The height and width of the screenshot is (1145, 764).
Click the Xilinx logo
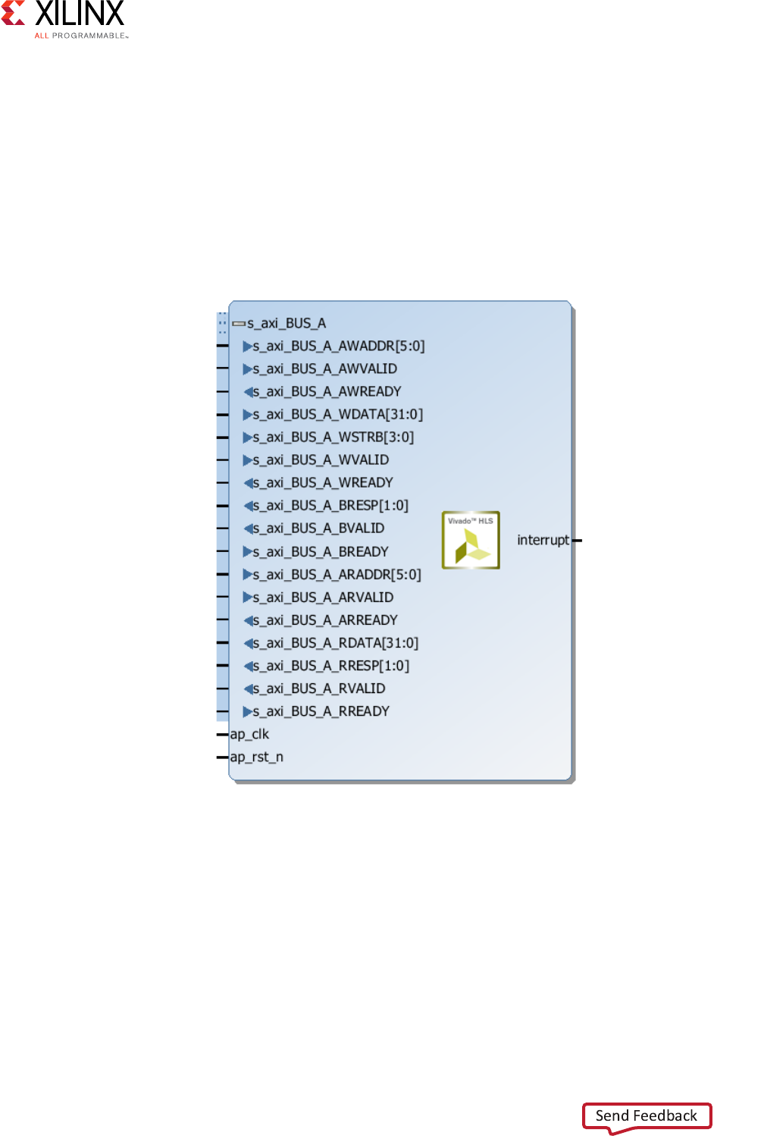point(65,20)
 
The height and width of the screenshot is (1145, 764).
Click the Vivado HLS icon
point(471,540)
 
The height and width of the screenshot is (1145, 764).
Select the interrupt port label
point(543,540)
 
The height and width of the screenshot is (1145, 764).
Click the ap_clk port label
point(249,734)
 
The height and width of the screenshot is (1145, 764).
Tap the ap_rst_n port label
point(257,757)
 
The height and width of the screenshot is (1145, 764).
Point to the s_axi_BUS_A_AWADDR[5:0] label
point(339,347)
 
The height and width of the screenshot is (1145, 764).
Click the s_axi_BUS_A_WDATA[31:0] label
point(338,415)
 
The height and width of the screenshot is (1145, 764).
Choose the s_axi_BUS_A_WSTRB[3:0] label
point(333,438)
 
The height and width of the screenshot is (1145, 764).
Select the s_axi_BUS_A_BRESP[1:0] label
point(330,506)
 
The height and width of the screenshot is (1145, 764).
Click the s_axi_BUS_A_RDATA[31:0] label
point(336,643)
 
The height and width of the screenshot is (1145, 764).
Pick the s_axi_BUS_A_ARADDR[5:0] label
point(337,575)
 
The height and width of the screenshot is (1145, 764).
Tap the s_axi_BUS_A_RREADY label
point(321,711)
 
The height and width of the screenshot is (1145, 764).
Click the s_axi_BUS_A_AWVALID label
point(325,369)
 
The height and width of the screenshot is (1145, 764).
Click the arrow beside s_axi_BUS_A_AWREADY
point(248,392)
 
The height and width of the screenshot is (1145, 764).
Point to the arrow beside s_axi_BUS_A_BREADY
point(247,552)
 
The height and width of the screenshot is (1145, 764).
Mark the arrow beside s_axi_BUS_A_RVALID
point(248,689)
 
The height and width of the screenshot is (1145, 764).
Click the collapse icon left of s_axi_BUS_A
point(239,324)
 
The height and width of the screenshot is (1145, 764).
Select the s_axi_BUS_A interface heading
point(286,324)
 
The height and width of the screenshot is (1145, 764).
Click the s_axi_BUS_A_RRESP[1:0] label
point(331,666)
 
